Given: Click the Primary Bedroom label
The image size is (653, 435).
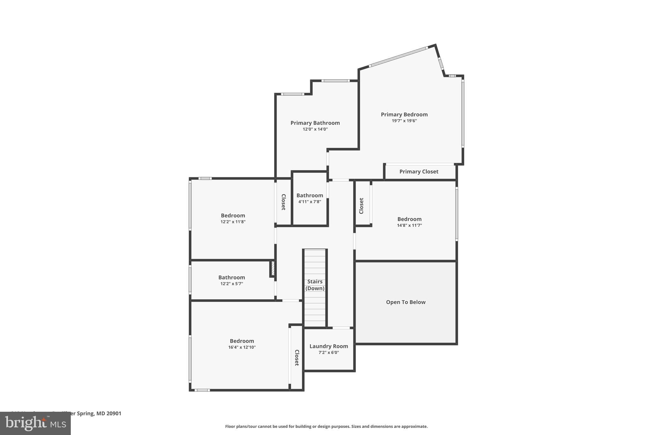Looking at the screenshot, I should pyautogui.click(x=404, y=114).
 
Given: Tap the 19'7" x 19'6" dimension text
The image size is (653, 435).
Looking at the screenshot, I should pyautogui.click(x=404, y=121).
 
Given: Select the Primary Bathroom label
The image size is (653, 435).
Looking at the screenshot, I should pyautogui.click(x=315, y=123).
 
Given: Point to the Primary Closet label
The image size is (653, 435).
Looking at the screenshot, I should pyautogui.click(x=419, y=171).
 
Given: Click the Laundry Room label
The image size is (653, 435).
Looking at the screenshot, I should pyautogui.click(x=328, y=346).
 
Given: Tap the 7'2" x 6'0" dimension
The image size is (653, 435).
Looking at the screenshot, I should pyautogui.click(x=328, y=352).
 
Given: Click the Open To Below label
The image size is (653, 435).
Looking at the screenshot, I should pyautogui.click(x=406, y=302).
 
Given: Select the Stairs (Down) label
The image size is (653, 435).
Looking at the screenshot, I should pyautogui.click(x=315, y=285).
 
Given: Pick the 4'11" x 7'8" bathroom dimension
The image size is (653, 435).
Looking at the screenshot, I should pyautogui.click(x=310, y=202).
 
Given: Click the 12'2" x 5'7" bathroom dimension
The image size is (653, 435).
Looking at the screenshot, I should pyautogui.click(x=231, y=284).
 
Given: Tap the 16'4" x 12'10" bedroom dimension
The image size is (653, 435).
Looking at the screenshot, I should pyautogui.click(x=242, y=347).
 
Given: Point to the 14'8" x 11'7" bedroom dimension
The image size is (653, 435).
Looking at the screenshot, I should pyautogui.click(x=409, y=225).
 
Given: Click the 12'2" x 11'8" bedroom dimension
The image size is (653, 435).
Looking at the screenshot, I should pyautogui.click(x=233, y=222).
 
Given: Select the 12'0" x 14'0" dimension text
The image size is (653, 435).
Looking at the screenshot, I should pyautogui.click(x=315, y=129).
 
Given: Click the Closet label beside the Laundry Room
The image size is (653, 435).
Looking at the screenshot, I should pyautogui.click(x=297, y=358).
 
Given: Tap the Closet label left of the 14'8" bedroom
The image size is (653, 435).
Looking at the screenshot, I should pyautogui.click(x=361, y=206).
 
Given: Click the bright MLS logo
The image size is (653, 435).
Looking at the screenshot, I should pyautogui.click(x=35, y=423).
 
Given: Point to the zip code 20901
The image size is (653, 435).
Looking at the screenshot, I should pyautogui.click(x=114, y=413).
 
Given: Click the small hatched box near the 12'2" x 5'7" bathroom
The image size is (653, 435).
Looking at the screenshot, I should pyautogui.click(x=273, y=268).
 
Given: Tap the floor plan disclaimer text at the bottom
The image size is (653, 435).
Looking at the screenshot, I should pyautogui.click(x=326, y=426).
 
